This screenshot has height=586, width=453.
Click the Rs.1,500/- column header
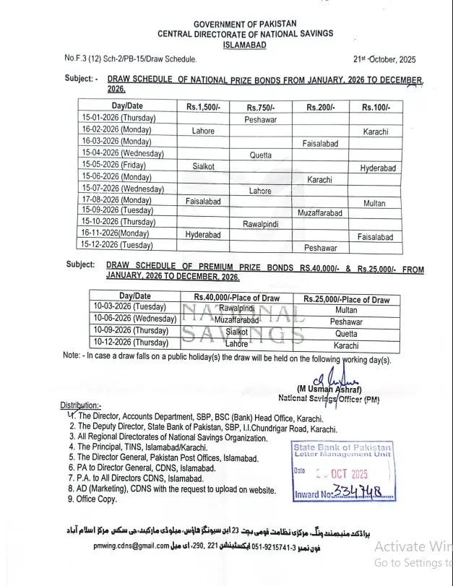pos(203,107)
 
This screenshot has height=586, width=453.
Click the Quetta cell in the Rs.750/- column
pos(261,155)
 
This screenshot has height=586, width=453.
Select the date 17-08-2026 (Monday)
pos(116,200)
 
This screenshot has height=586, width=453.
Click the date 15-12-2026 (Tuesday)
pos(118,246)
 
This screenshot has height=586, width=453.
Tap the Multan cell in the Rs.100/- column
pos(374,204)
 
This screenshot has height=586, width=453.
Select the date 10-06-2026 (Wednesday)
pos(134,319)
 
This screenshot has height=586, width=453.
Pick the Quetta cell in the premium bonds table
pos(346,334)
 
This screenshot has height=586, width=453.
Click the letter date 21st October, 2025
pos(385,59)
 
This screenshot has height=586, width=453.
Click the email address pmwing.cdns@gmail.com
pos(131,546)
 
